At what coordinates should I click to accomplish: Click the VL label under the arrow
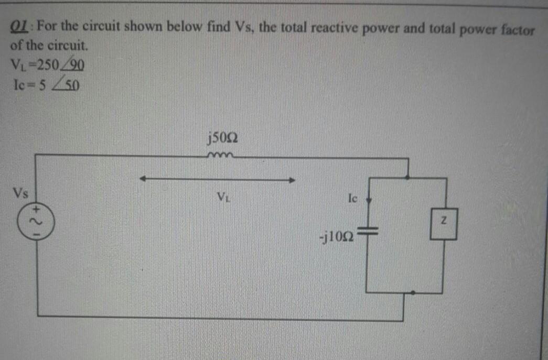[223, 198]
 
